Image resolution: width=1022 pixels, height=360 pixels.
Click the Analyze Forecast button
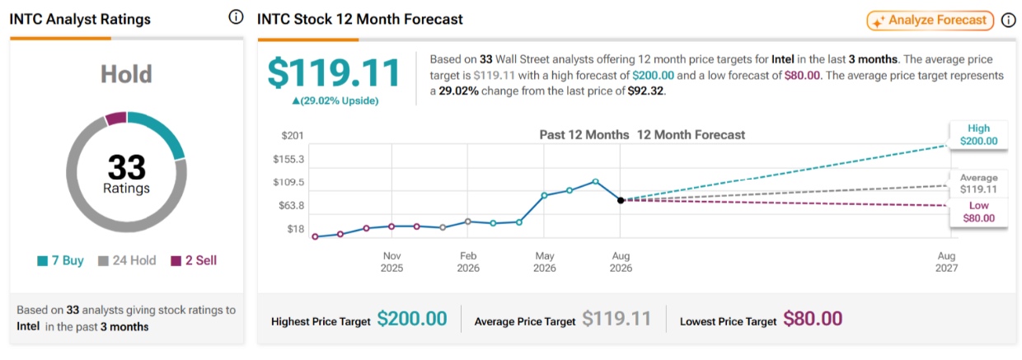pos(930,21)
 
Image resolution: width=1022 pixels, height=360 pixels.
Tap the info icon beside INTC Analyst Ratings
pos(236,17)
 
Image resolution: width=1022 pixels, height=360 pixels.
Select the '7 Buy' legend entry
pos(61,260)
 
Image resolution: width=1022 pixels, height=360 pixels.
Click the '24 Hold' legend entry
pos(127,260)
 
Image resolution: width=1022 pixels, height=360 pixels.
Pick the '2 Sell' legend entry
pos(194,260)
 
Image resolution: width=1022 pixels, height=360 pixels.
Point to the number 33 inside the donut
pos(126,167)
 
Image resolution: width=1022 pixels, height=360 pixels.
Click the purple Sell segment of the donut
pos(116,118)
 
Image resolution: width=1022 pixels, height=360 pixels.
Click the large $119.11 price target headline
pos(334,73)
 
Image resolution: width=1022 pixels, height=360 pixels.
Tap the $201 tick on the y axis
pos(293,135)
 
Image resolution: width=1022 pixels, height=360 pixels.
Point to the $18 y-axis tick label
pos(295,229)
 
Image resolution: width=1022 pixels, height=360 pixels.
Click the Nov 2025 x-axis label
pos(392,262)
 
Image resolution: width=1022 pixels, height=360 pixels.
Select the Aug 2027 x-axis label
pos(947,262)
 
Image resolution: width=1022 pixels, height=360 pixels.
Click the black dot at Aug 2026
pos(621,200)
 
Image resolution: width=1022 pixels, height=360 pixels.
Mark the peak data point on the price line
pos(595,181)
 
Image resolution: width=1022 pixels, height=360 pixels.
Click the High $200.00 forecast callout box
pos(978,134)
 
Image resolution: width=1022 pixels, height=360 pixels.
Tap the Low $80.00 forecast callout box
pos(978,212)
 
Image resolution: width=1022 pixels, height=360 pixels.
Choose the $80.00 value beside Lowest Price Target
pos(813,319)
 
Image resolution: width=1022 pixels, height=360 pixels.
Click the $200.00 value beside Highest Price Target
pos(412,319)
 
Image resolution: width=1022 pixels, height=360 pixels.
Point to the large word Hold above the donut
pos(126,74)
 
